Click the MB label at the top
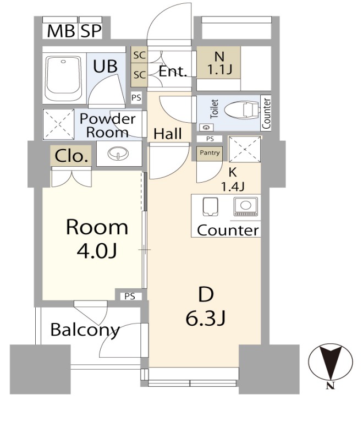[61, 31]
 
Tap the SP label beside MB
[91, 31]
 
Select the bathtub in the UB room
[63, 78]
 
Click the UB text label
[105, 66]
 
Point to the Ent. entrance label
[173, 72]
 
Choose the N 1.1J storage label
[219, 63]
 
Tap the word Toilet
[214, 109]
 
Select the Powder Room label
[107, 125]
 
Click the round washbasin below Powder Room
[118, 154]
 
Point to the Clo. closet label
[71, 156]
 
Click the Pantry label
[210, 152]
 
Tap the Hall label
[168, 134]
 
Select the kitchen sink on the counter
[210, 207]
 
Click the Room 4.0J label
[97, 239]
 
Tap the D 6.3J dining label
[206, 306]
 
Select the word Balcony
[85, 330]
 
